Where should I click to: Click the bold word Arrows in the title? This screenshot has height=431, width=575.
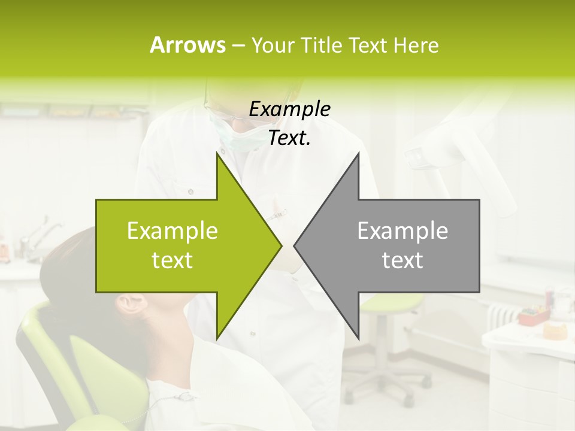tap(187, 45)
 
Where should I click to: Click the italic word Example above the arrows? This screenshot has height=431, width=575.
tap(289, 109)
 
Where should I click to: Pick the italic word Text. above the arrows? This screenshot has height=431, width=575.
tap(289, 138)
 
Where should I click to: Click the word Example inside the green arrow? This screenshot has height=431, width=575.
tap(172, 230)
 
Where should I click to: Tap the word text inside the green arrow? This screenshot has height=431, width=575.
tap(172, 260)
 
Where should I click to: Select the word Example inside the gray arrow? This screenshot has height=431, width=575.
tap(402, 230)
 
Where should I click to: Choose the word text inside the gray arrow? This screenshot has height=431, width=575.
tap(402, 260)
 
